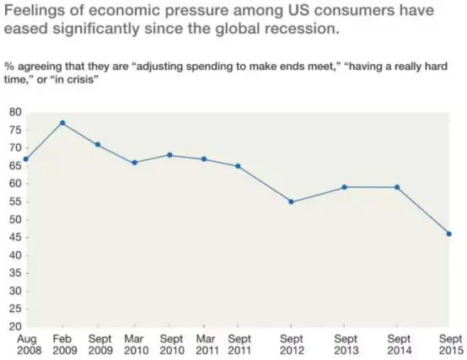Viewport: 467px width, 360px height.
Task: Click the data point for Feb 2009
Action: click(x=62, y=123)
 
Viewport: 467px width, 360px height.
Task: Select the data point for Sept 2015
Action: click(x=449, y=234)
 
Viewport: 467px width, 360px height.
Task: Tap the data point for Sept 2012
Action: click(x=291, y=201)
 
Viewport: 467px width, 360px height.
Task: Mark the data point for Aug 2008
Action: click(x=26, y=159)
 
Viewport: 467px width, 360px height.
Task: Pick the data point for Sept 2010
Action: click(x=169, y=155)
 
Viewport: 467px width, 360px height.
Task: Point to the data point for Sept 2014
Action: click(x=397, y=187)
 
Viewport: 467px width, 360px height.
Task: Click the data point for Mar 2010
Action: click(x=135, y=163)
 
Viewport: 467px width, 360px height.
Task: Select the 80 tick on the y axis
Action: click(x=15, y=112)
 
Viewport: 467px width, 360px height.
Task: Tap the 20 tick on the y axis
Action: click(x=15, y=326)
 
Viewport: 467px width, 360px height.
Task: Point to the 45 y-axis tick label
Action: click(x=15, y=237)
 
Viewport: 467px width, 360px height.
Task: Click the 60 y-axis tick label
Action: click(x=15, y=184)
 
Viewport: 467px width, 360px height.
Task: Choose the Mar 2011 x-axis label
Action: click(x=206, y=345)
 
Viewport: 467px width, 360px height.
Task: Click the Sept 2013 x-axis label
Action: click(x=346, y=345)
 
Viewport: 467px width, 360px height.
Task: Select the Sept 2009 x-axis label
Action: click(x=100, y=345)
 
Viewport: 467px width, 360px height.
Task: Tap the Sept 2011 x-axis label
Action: click(x=239, y=345)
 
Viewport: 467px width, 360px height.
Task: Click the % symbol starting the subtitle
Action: click(x=9, y=67)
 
